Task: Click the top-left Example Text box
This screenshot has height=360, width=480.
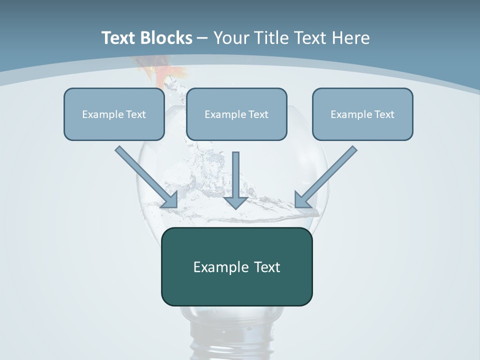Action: pos(114,114)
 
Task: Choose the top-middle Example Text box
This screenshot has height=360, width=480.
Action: pos(236,114)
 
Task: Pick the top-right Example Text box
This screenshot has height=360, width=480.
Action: pos(362,114)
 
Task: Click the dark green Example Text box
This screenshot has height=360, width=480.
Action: pos(236,266)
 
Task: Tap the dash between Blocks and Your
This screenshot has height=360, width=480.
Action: pos(202,38)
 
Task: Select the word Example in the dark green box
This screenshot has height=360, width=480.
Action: pos(217,266)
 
